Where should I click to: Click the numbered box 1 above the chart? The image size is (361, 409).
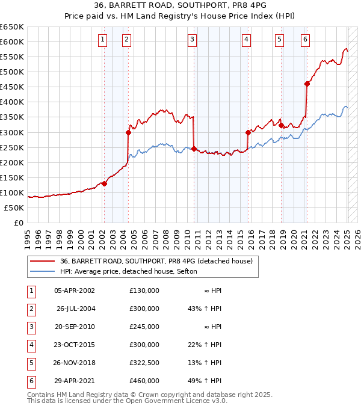coord(103,40)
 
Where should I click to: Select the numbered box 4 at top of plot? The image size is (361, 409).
coord(247,40)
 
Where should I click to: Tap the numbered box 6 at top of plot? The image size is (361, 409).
coord(306,40)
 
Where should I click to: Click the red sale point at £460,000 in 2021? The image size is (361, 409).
coord(307,84)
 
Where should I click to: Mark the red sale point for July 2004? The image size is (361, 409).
coord(128,132)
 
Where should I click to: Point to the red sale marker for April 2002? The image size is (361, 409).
coord(104,183)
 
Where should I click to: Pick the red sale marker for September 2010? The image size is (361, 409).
coord(194,149)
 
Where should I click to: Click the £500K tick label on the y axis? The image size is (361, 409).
coord(12,72)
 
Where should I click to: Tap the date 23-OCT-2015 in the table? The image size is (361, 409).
coord(75,345)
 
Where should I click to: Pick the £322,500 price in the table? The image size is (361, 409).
coord(144,363)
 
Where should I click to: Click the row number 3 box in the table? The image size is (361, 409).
coord(29,327)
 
